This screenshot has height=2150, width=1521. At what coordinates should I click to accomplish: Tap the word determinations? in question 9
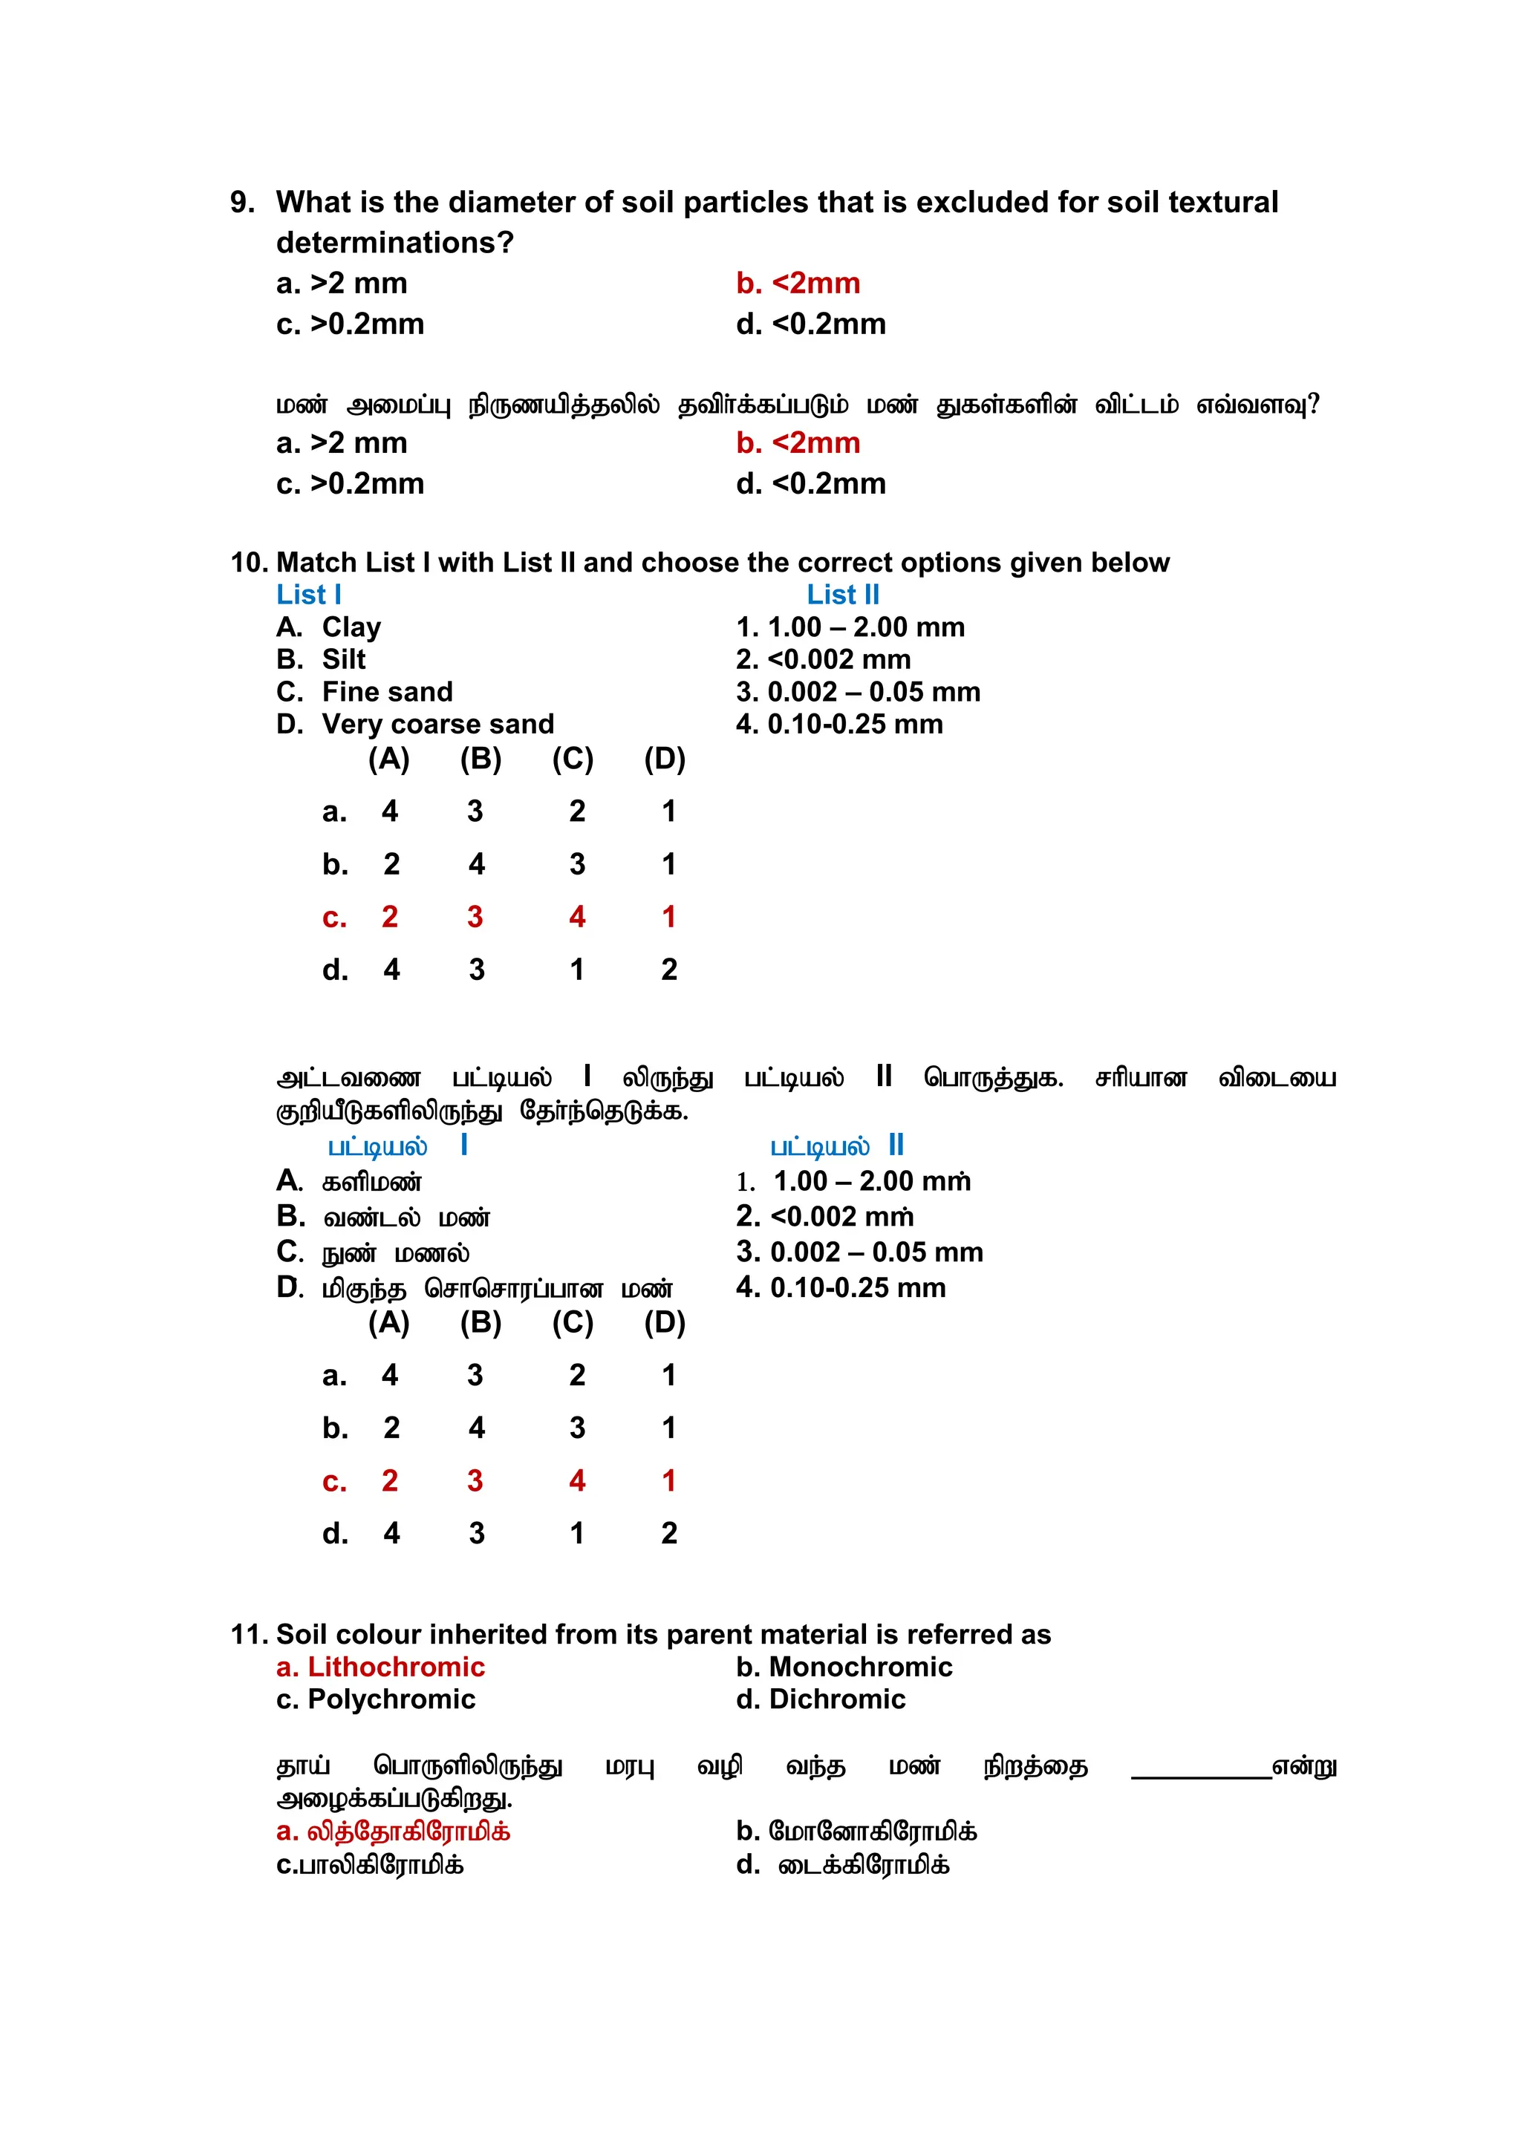click(x=394, y=243)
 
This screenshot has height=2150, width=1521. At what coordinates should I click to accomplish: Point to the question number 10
click(x=249, y=563)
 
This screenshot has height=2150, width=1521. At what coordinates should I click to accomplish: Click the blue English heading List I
click(x=308, y=595)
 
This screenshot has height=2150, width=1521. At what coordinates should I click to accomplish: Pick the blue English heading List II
click(x=843, y=595)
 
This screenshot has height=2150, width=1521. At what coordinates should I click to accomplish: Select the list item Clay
click(x=351, y=627)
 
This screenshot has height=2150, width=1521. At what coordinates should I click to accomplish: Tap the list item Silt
click(x=344, y=659)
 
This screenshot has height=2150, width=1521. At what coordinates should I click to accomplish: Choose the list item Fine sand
click(x=387, y=692)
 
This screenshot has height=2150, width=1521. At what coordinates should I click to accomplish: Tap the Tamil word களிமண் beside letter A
click(x=372, y=1183)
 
